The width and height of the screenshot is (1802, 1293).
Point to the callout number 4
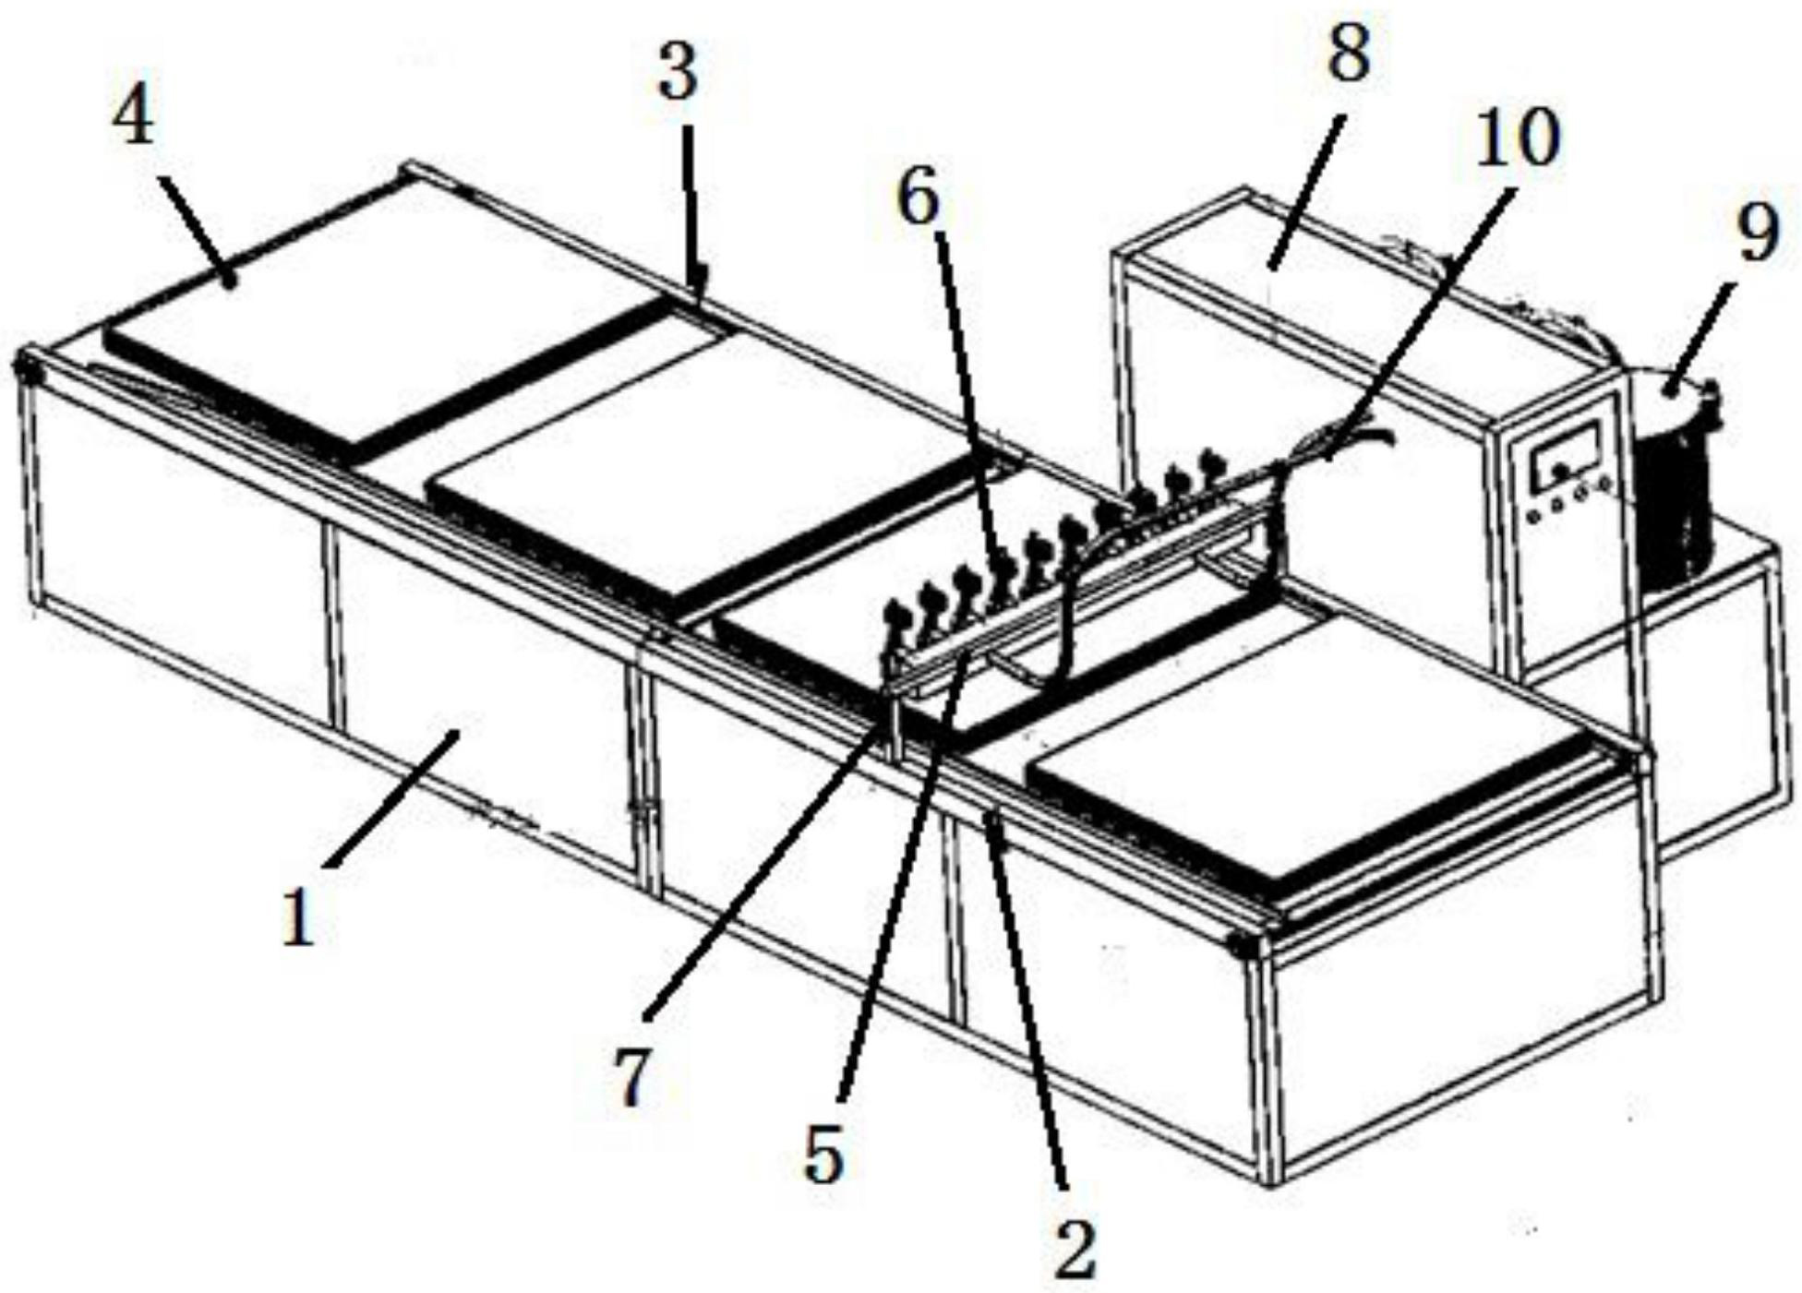[133, 117]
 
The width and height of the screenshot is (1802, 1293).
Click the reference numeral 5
[824, 1154]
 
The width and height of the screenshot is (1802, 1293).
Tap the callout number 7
[631, 1077]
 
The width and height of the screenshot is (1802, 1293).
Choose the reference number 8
[1349, 51]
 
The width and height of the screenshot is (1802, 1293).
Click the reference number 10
[1516, 138]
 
